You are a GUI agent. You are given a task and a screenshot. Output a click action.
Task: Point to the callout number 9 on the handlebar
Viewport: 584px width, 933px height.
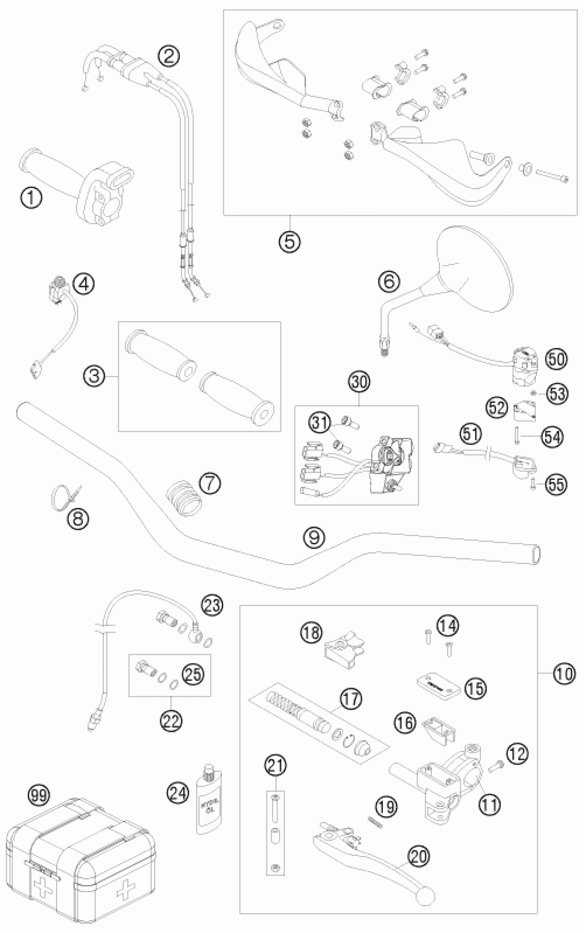point(314,537)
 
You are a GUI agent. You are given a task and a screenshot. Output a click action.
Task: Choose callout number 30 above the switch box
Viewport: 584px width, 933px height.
point(359,382)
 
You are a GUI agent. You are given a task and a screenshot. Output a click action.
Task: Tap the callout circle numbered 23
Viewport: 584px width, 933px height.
point(212,605)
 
